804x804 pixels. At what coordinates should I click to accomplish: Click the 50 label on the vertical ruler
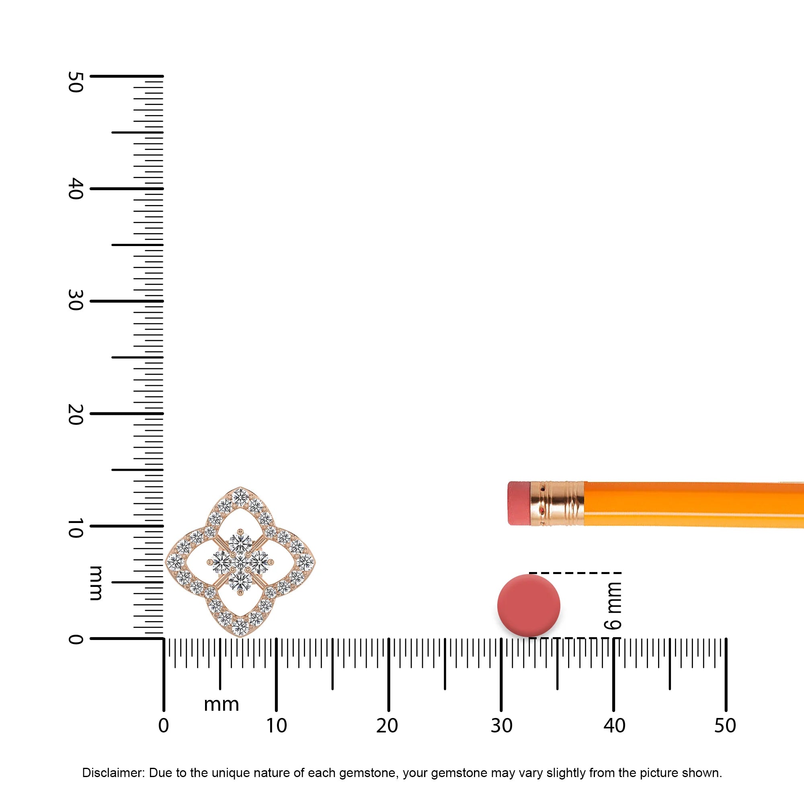click(75, 82)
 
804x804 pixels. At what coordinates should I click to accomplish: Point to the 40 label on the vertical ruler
click(75, 189)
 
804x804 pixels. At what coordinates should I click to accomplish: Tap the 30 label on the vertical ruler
click(75, 300)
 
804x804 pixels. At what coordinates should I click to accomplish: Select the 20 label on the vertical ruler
click(75, 414)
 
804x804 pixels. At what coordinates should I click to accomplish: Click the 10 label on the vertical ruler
click(75, 528)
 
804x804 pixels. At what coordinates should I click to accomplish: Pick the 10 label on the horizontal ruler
click(276, 726)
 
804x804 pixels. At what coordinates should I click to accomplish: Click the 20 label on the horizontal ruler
click(387, 726)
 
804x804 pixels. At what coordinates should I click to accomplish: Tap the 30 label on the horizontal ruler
click(501, 726)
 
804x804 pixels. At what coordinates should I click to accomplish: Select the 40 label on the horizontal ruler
click(614, 726)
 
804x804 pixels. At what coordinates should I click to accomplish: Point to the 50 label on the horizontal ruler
click(725, 726)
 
